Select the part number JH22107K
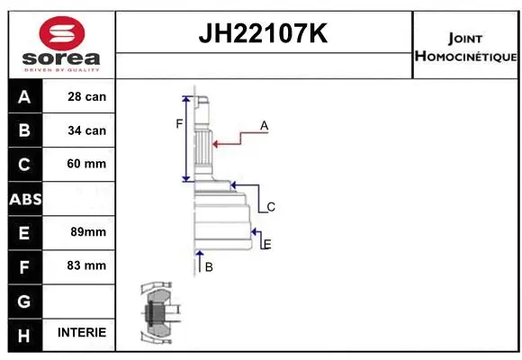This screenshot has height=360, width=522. point(264,34)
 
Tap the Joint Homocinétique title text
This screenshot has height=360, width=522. point(465,47)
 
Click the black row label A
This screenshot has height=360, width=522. point(24,96)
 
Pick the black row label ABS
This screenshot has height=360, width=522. point(24,198)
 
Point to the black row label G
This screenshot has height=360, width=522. point(24,300)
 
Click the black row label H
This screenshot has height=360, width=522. point(24,333)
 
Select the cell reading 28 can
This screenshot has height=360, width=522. point(87,96)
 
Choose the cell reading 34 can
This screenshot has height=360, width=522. point(87,130)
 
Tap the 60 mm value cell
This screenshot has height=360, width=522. point(87,164)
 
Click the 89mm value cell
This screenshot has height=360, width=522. point(87,232)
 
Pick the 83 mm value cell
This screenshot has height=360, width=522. point(87,265)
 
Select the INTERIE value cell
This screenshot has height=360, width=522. point(82,333)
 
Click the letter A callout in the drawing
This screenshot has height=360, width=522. point(265,126)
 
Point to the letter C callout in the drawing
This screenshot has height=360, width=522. point(270,207)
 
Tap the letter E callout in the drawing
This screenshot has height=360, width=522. point(267,244)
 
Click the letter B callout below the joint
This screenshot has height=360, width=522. point(209,267)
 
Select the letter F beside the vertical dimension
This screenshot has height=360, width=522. point(179,123)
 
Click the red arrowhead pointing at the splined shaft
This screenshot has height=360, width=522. point(216,142)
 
